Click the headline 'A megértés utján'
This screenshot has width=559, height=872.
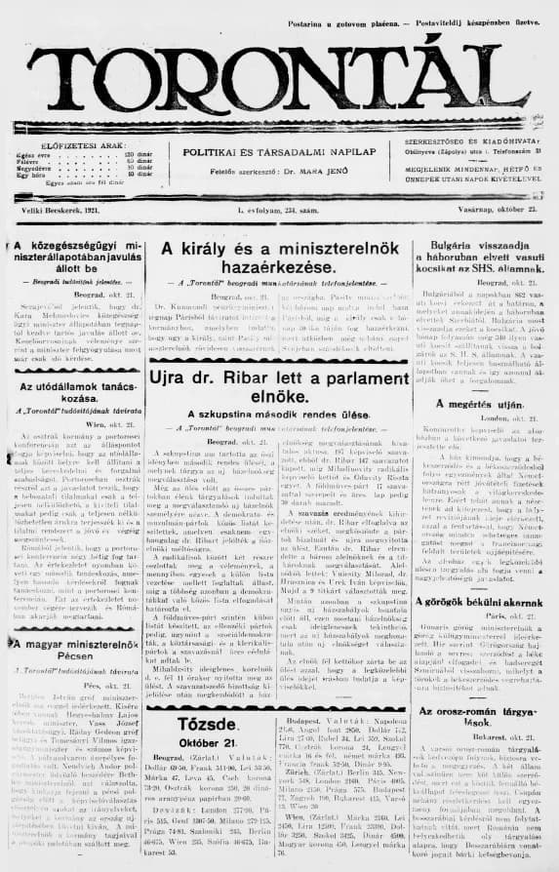click(478, 403)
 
